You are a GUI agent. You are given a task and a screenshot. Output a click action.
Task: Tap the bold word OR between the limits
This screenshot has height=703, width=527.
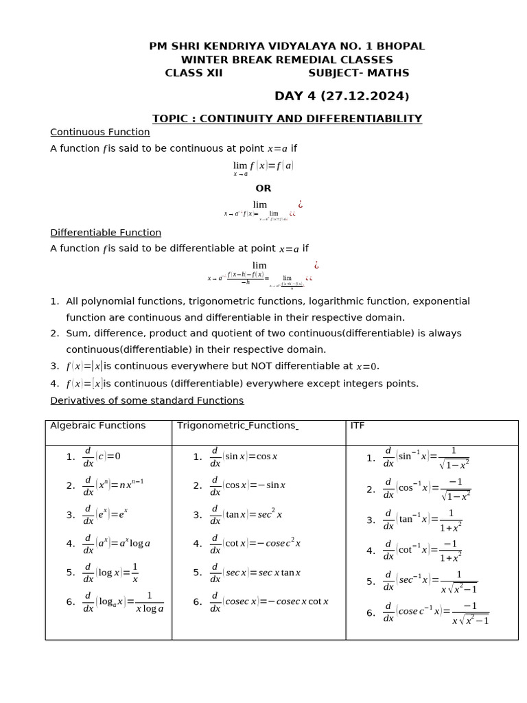click(x=263, y=188)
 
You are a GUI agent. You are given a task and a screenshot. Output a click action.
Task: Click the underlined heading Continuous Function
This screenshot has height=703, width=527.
click(x=100, y=132)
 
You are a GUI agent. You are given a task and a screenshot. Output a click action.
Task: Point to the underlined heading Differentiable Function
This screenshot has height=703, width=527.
click(x=106, y=233)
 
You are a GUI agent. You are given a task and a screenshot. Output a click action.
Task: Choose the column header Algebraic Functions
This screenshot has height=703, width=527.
click(x=98, y=426)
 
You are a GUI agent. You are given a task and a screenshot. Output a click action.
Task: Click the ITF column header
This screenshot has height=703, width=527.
click(x=358, y=426)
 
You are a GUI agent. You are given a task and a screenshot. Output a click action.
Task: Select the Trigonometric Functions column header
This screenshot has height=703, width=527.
click(x=237, y=426)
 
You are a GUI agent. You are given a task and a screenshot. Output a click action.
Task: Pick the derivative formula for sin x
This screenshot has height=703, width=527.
click(x=244, y=457)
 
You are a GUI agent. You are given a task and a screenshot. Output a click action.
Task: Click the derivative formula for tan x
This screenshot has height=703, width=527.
click(x=246, y=515)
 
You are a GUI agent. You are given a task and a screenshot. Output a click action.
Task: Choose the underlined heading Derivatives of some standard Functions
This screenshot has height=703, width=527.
click(x=147, y=400)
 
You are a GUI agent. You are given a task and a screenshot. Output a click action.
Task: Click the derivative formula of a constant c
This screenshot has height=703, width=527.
click(x=102, y=457)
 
